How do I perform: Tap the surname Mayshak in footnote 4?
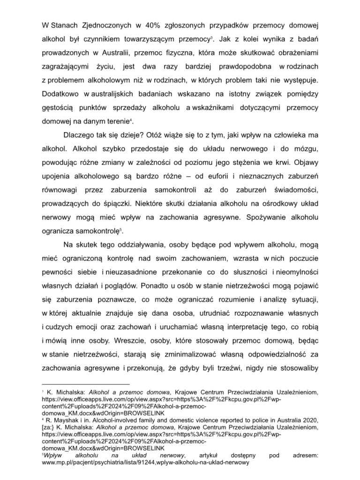[62, 420]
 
